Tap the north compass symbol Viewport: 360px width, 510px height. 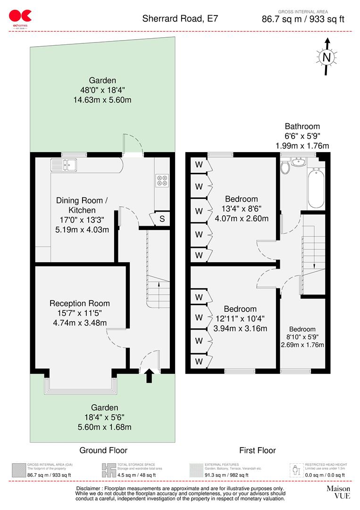pos(326,57)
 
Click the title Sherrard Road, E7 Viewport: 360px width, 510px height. pos(180,19)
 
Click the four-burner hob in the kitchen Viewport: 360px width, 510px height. pos(162,180)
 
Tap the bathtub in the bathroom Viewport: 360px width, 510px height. pos(316,189)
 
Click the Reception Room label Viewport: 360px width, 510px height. pos(79,304)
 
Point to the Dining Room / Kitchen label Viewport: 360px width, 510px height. pos(82,205)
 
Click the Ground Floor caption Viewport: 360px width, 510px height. pos(103,450)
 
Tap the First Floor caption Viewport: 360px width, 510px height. pos(257,450)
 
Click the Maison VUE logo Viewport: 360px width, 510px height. pos(338,493)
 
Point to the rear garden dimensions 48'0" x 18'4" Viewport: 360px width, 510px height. pos(102,90)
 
